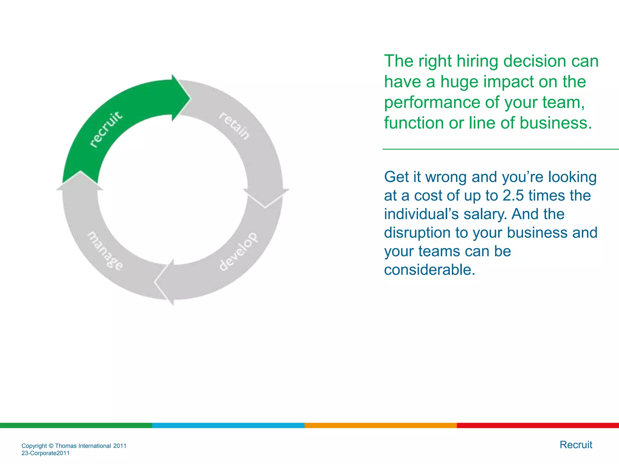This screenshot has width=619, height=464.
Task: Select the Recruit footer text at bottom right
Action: click(x=576, y=445)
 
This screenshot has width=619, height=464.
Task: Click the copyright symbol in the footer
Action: click(x=51, y=446)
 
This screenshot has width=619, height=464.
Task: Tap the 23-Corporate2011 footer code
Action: click(x=45, y=453)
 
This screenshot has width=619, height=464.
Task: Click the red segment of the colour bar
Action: click(x=538, y=425)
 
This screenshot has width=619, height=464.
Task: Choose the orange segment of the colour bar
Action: click(x=381, y=425)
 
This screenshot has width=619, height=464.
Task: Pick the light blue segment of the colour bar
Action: click(x=228, y=425)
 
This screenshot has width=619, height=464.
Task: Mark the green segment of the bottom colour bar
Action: click(x=76, y=425)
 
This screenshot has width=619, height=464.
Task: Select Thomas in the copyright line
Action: click(x=66, y=446)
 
